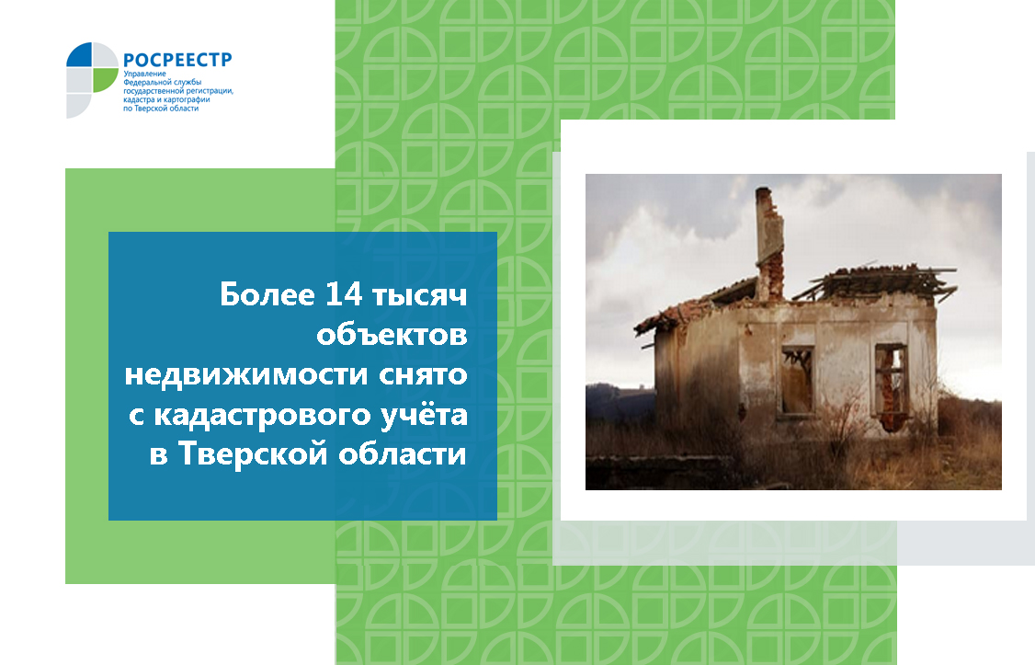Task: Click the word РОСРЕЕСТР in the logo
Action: click(177, 60)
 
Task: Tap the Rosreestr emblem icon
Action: click(92, 80)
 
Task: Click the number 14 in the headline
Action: click(344, 293)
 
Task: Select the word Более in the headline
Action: click(267, 293)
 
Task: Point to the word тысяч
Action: click(420, 295)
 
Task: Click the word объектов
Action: click(392, 334)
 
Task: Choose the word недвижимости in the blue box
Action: click(246, 374)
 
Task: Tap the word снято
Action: click(423, 375)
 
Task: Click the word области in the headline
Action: click(403, 453)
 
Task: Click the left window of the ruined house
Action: click(797, 381)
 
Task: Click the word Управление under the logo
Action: click(144, 74)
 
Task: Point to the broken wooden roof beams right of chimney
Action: click(874, 281)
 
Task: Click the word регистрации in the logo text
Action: click(211, 91)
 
